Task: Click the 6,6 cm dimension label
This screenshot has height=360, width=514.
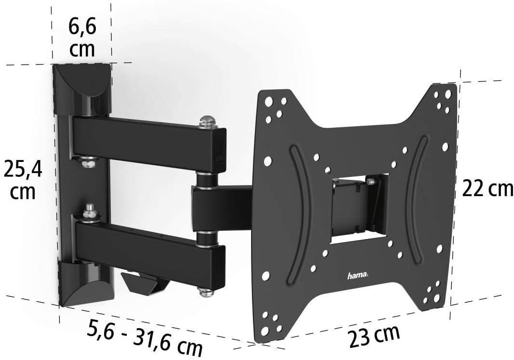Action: (82, 37)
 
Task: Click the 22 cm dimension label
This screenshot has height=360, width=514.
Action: (488, 189)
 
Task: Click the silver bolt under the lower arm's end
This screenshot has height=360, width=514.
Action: (205, 292)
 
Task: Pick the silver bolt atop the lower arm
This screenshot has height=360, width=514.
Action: (89, 212)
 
